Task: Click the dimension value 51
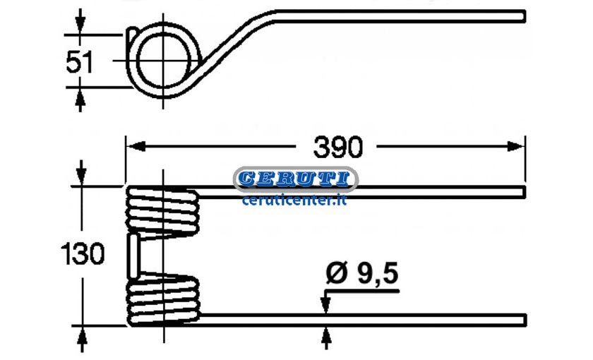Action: (x=79, y=62)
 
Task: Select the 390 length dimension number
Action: (x=337, y=147)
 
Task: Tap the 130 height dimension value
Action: (x=83, y=253)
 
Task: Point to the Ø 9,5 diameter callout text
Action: (x=362, y=273)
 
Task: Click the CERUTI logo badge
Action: (x=295, y=179)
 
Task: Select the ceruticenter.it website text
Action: (x=294, y=200)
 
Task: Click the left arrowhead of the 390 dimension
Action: (x=136, y=146)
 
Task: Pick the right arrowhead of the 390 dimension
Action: (x=515, y=146)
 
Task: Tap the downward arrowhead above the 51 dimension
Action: (x=79, y=25)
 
